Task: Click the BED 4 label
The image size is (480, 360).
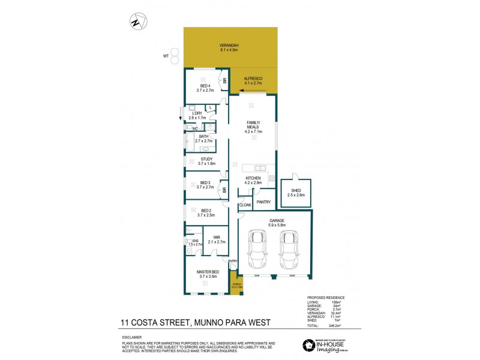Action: click(x=208, y=88)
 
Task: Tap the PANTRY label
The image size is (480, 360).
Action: click(x=263, y=202)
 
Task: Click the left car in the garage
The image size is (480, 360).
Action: click(x=258, y=251)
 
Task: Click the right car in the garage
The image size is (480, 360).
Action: click(x=290, y=251)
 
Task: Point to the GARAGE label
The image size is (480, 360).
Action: click(x=275, y=223)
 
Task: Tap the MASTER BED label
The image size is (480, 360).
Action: click(x=208, y=274)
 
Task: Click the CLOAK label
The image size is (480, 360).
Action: click(x=245, y=205)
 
